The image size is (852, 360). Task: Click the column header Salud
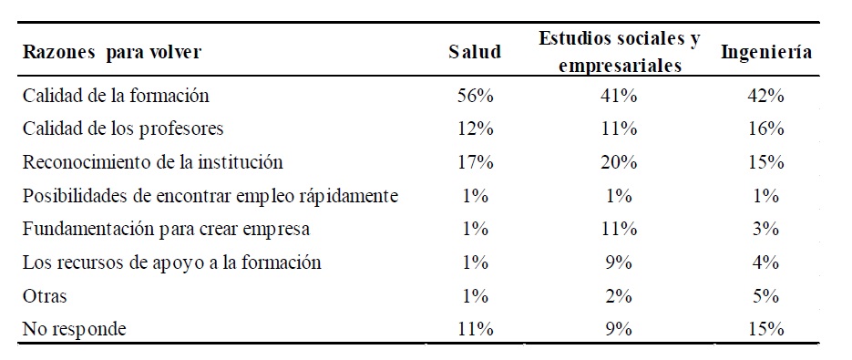click(x=475, y=52)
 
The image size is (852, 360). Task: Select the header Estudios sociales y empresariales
click(x=619, y=52)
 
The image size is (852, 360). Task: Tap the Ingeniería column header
click(x=766, y=52)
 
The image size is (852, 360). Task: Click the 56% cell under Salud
click(x=475, y=95)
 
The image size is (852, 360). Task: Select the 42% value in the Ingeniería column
click(x=766, y=95)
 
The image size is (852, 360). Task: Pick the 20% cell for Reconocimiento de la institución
click(x=619, y=162)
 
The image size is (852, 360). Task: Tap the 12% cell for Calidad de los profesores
click(x=475, y=129)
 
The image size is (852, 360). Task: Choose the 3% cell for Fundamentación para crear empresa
click(x=766, y=230)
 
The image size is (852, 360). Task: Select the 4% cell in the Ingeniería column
click(x=766, y=263)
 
